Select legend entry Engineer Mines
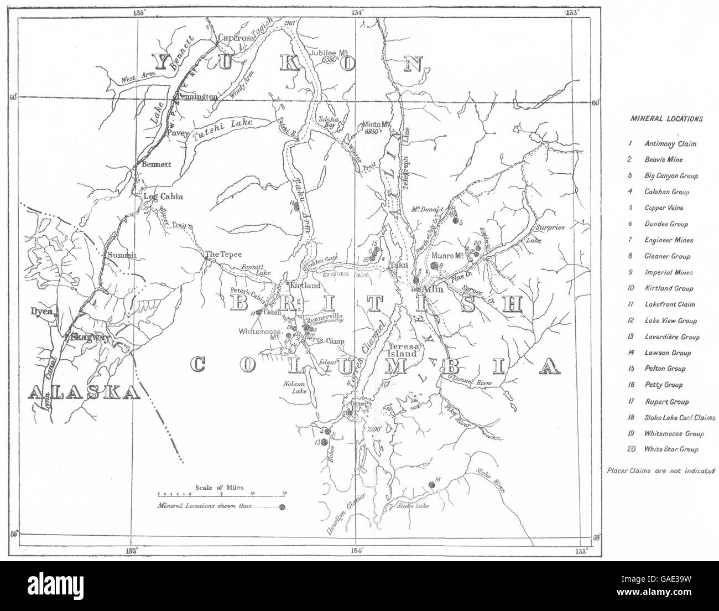[x=668, y=240]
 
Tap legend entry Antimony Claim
[x=670, y=144]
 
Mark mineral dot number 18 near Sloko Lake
[x=431, y=485]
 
